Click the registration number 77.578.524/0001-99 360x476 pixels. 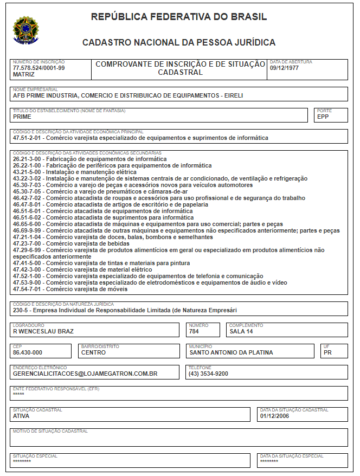click(x=38, y=68)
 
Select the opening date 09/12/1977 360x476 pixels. click(x=284, y=68)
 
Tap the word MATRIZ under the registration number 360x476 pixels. click(x=23, y=74)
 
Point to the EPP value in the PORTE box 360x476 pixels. click(x=323, y=117)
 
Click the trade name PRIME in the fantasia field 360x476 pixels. click(x=22, y=117)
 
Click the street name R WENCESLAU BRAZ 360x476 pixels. click(x=43, y=331)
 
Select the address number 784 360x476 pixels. click(x=194, y=331)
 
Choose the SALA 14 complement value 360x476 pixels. click(x=241, y=331)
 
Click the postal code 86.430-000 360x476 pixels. click(x=27, y=352)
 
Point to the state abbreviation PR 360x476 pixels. click(x=327, y=352)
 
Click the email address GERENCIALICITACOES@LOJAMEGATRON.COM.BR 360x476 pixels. click(x=85, y=374)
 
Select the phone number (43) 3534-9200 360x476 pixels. click(x=208, y=374)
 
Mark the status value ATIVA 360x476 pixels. click(x=21, y=416)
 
